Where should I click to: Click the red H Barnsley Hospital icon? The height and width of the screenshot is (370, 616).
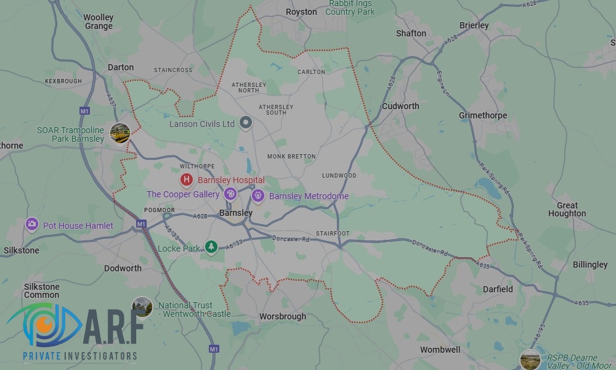[x=186, y=179]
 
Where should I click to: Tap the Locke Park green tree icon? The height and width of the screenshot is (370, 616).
[x=211, y=247]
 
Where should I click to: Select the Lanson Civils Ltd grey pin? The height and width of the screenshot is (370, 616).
[x=246, y=123]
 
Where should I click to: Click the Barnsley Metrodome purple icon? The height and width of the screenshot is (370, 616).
[x=257, y=196]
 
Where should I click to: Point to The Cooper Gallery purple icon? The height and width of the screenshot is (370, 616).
[x=230, y=194]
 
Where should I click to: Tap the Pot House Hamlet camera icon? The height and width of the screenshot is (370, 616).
[x=33, y=224]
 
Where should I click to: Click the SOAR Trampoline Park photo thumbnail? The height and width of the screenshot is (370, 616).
[x=120, y=133]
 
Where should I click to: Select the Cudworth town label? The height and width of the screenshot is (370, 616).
[x=400, y=106]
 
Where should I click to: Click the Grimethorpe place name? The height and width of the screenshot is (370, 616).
[x=483, y=115]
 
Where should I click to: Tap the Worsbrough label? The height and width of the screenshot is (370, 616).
[x=282, y=316]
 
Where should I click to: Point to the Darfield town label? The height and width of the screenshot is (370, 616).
[x=497, y=289]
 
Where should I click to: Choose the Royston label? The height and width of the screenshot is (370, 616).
[x=301, y=12]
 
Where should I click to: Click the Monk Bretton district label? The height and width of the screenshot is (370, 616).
[x=291, y=157]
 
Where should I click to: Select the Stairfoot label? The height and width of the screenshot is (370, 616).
[x=333, y=234]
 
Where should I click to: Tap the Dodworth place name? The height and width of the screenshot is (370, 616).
[x=123, y=268]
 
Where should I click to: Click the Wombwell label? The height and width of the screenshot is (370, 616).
[x=440, y=350]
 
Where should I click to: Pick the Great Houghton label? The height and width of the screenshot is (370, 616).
[x=567, y=210]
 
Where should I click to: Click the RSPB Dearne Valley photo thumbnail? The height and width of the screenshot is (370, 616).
[x=530, y=359]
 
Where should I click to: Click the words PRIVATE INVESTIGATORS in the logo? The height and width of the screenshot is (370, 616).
[x=79, y=356]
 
